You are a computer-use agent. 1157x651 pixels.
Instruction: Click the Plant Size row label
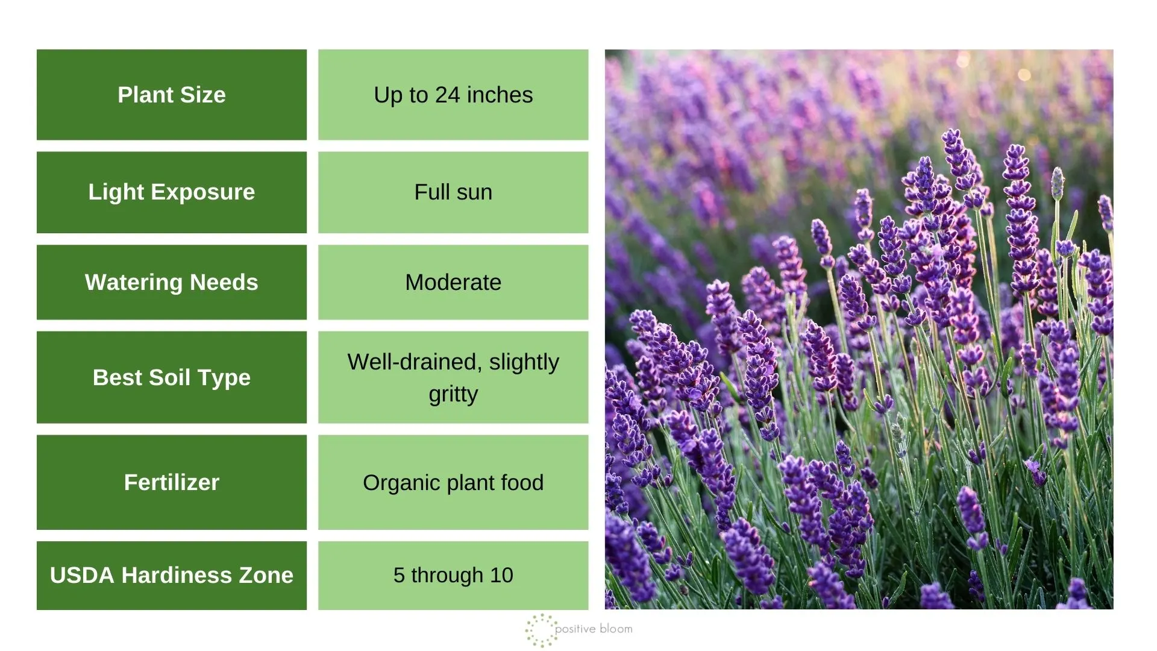point(172,95)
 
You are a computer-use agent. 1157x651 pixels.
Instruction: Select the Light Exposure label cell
point(172,192)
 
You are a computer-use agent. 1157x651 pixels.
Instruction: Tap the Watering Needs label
point(172,282)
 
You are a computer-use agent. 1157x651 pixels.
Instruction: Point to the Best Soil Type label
point(172,377)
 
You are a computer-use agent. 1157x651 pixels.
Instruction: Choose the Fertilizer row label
point(172,482)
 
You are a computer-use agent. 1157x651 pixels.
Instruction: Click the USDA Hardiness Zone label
point(172,575)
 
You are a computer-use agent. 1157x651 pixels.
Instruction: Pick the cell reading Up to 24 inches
point(453,95)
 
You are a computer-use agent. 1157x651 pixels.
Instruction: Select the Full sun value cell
point(453,192)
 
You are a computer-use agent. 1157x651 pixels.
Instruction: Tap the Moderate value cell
point(453,282)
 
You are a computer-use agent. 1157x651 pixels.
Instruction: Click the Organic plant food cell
point(453,482)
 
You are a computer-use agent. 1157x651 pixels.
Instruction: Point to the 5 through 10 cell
point(453,575)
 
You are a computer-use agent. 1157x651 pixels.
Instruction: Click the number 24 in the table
point(448,95)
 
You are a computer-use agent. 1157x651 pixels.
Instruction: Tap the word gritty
point(453,394)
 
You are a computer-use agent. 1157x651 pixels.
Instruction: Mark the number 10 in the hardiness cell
point(501,575)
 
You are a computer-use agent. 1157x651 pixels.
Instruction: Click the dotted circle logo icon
point(541,631)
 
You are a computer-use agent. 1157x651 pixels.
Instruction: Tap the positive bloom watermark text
point(594,629)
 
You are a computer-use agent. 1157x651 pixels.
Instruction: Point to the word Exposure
point(203,192)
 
